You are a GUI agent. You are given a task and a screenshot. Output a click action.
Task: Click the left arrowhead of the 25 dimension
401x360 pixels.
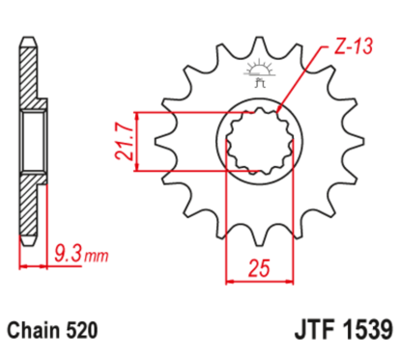pos(230,283)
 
